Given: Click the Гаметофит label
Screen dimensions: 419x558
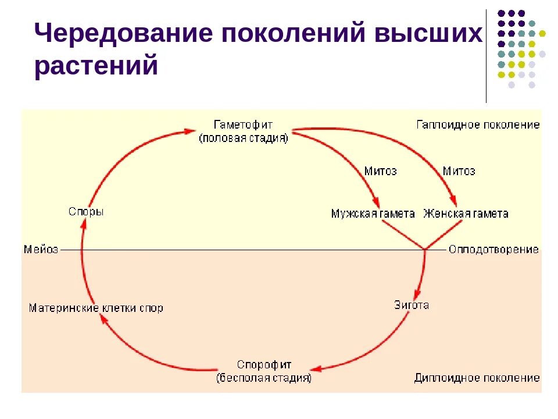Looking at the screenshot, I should pos(243,125).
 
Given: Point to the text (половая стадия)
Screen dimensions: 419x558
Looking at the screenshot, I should pos(243,139).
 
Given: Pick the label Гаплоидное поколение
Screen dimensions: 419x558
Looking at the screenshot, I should pos(478,125).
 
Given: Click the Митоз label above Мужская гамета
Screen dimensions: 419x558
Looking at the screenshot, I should pos(380,171).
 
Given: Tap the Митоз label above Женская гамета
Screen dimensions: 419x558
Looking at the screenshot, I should pos(459,171).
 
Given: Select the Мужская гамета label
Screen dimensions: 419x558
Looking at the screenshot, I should pos(373,214).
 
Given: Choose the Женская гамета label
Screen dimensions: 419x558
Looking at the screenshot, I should pos(466,214).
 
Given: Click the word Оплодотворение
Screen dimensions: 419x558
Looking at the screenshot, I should pos(493,250).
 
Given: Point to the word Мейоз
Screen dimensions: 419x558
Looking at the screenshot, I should pos(41,250).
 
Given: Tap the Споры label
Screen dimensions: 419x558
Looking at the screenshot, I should pos(86,212).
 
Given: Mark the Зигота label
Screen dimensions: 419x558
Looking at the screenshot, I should pos(412,305).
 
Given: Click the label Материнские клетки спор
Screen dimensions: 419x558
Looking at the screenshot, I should pos(96,308).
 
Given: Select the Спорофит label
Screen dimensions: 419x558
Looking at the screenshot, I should pos(264,365).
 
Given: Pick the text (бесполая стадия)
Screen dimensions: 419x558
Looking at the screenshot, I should pos(264,378).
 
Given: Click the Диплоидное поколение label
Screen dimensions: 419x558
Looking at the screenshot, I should pos(477,378).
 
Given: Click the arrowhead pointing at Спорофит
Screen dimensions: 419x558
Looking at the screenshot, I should pos(316,369).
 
